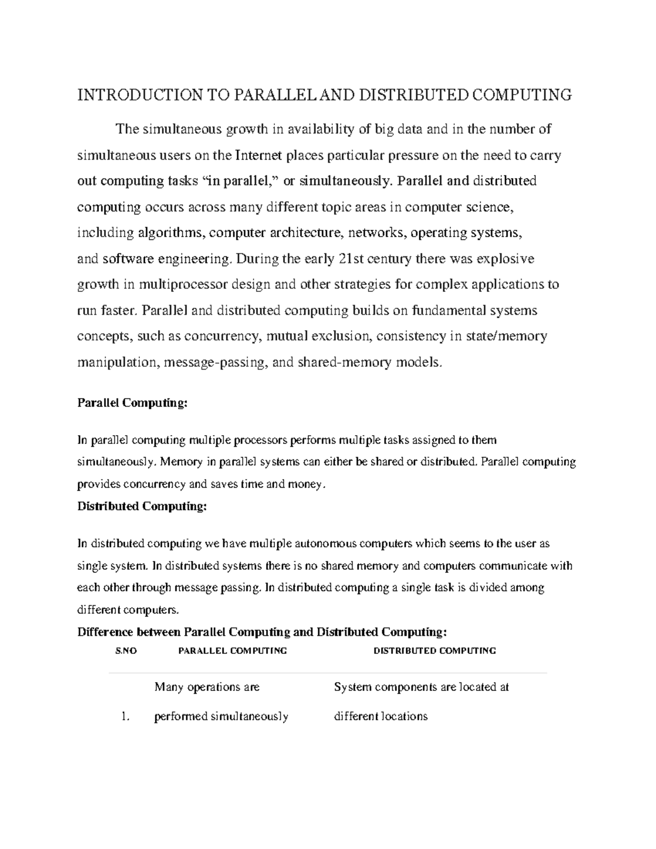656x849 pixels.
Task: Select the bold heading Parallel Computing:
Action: [x=132, y=403]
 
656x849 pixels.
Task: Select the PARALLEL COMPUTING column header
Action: [x=232, y=651]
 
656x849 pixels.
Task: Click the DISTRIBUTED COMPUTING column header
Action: [x=435, y=651]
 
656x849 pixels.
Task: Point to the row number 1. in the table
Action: [x=126, y=717]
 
